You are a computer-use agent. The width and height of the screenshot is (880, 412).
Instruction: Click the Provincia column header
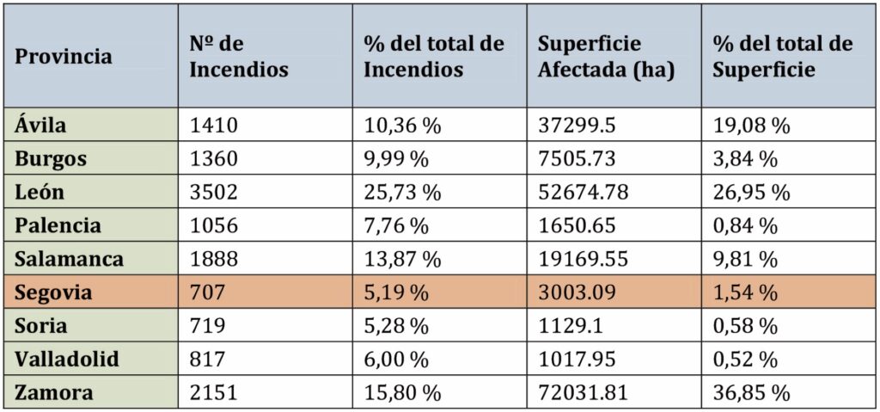click(x=64, y=57)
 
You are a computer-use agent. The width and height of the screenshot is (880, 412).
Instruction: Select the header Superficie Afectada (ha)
click(x=606, y=57)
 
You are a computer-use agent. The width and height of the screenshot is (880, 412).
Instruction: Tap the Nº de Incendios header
click(x=239, y=57)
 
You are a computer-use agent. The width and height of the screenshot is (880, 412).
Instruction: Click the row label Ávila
click(x=41, y=126)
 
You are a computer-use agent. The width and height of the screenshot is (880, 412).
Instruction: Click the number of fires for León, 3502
click(x=213, y=193)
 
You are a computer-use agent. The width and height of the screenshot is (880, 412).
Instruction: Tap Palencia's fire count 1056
click(x=213, y=226)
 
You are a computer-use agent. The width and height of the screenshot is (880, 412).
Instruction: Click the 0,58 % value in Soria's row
click(x=746, y=327)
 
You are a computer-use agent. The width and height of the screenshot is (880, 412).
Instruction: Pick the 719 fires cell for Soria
click(x=207, y=327)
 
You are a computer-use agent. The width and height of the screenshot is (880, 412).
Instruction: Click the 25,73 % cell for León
click(x=401, y=193)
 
